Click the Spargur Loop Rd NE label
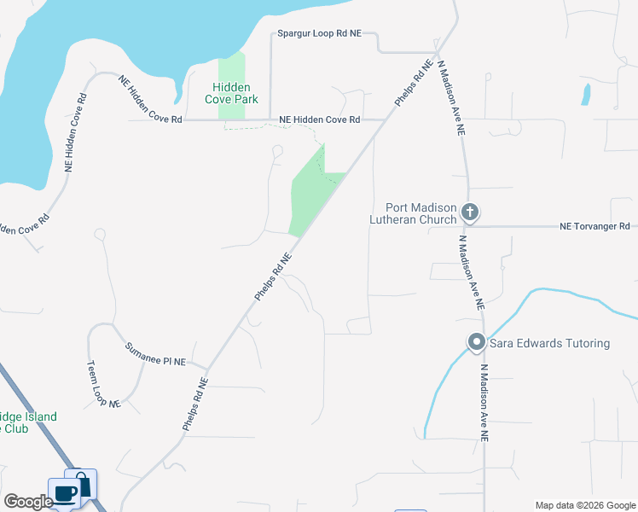tap(320, 34)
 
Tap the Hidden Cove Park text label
tap(231, 93)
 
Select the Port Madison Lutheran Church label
tap(413, 212)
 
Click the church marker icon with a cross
tap(469, 211)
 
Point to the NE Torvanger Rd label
tap(594, 226)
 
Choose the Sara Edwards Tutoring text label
tap(549, 343)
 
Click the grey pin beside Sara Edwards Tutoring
tap(476, 343)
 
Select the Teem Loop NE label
tap(103, 383)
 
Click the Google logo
tap(27, 502)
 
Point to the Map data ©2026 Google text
tap(584, 505)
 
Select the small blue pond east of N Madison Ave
tap(586, 95)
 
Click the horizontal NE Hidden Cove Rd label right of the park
tap(320, 120)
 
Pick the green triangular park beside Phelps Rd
tap(310, 192)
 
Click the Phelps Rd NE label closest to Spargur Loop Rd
tap(410, 83)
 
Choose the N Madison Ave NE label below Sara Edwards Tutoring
tap(484, 403)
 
